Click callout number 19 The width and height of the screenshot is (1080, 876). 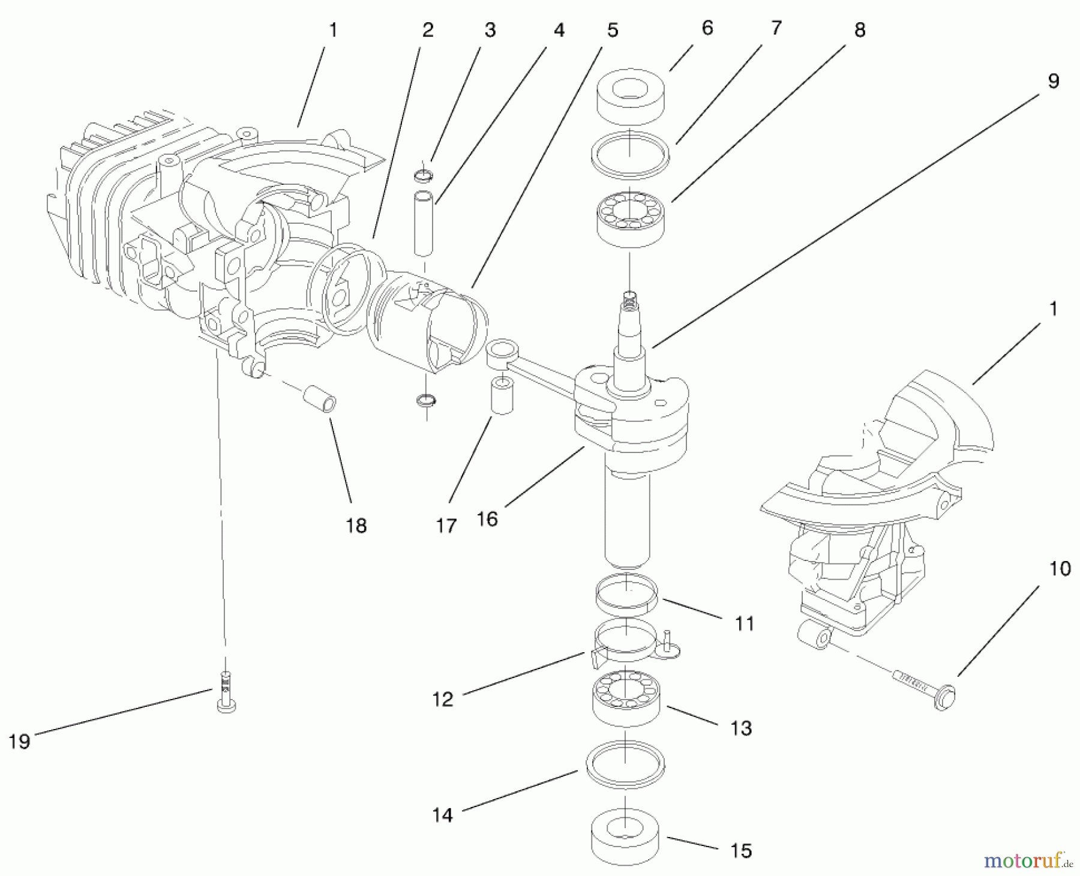tap(19, 742)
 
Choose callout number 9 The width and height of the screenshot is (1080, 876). tap(1053, 82)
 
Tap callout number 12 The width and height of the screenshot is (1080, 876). tap(443, 699)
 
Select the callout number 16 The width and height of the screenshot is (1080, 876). tap(487, 519)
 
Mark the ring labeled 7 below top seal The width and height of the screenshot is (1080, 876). tap(630, 155)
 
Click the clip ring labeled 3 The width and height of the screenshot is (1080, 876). tap(424, 176)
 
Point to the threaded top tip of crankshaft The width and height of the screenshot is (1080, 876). tap(629, 298)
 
